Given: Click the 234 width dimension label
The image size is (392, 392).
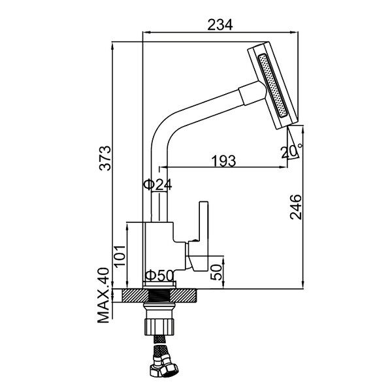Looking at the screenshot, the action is (220, 25).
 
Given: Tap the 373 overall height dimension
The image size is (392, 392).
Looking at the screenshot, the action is (105, 158).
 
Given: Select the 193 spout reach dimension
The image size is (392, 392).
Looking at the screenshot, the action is (223, 161).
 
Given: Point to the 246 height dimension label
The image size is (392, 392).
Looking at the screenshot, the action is (296, 207).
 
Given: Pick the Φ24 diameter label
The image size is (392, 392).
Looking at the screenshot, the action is (157, 185).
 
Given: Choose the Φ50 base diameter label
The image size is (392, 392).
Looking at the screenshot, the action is (159, 276).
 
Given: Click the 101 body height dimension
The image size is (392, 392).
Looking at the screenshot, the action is (120, 257).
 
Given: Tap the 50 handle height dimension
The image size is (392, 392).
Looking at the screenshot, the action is (216, 272).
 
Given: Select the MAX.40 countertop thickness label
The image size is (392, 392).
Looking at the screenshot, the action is (103, 295).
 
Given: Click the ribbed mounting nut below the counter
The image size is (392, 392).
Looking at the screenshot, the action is (159, 327).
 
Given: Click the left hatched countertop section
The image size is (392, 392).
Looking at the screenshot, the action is (135, 295).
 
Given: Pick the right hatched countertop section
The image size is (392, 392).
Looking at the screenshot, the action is (183, 295).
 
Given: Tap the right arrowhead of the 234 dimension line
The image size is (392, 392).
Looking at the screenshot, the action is (295, 32).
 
